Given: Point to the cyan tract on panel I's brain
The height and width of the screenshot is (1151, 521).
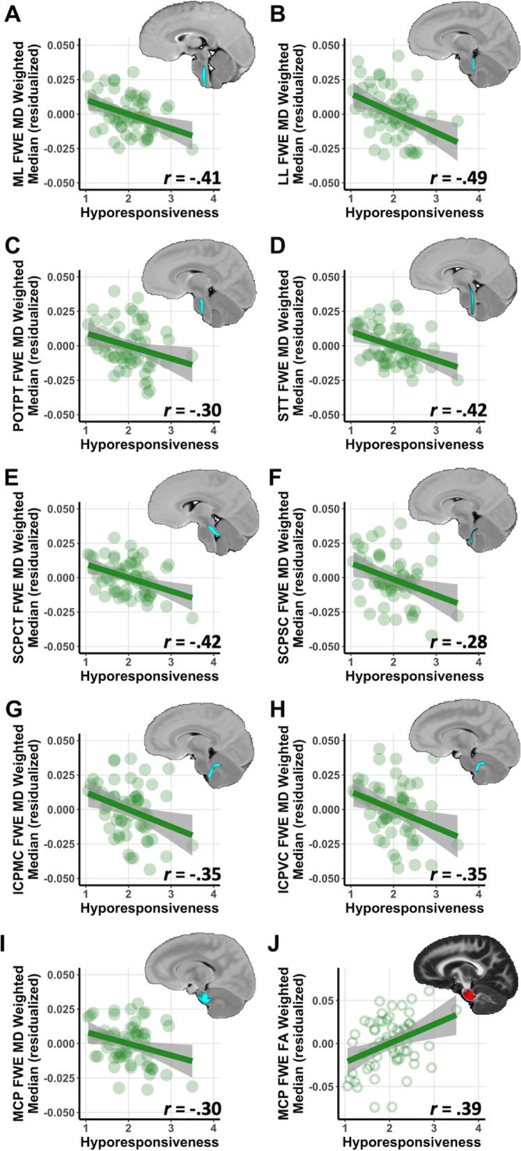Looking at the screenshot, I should (x=206, y=998).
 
